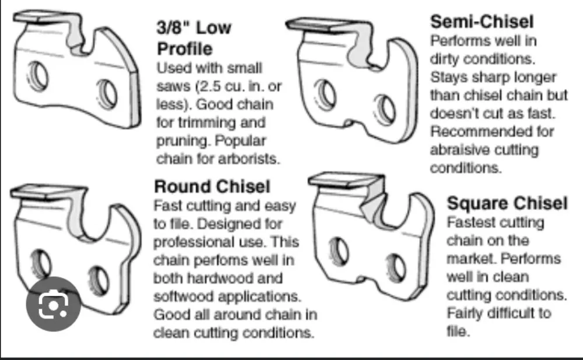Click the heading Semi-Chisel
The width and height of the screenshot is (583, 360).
482,22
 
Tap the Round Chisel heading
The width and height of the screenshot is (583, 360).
212,186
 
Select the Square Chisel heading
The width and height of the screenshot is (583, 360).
507,203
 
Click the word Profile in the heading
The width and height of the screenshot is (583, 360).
184,49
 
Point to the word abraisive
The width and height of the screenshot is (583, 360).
457,150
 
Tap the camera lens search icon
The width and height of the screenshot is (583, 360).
53,304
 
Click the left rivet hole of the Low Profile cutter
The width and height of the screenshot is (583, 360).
38,76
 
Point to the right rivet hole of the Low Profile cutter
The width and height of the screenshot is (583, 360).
107,94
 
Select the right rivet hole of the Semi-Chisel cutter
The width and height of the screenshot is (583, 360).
385,110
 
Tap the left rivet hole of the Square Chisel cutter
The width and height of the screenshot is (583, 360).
339,251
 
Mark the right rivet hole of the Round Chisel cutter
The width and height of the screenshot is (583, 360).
99,281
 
